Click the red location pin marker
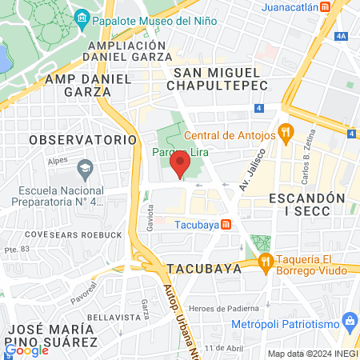180,166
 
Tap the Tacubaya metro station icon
226,224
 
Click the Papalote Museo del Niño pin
81,18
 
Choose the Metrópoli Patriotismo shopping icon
348,322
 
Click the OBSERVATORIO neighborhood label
84,139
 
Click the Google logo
27,350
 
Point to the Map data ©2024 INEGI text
312,354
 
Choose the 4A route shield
342,36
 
